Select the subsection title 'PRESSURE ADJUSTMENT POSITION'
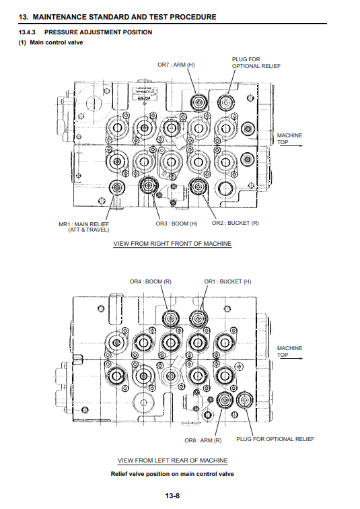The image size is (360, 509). (98, 32)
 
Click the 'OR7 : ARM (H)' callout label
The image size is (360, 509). (176, 65)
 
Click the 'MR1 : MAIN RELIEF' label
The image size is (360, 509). (83, 226)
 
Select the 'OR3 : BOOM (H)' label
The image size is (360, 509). (176, 224)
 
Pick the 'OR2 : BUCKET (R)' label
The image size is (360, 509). (235, 224)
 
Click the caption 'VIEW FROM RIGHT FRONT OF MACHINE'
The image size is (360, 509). (172, 243)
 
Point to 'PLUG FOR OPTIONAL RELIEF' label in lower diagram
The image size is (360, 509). (275, 439)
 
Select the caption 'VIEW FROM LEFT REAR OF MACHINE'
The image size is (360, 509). (172, 461)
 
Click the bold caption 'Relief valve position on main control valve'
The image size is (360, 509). (172, 473)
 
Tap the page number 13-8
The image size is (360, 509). (172, 496)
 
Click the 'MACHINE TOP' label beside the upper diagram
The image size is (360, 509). (289, 139)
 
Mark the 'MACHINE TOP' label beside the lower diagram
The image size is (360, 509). (289, 351)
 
